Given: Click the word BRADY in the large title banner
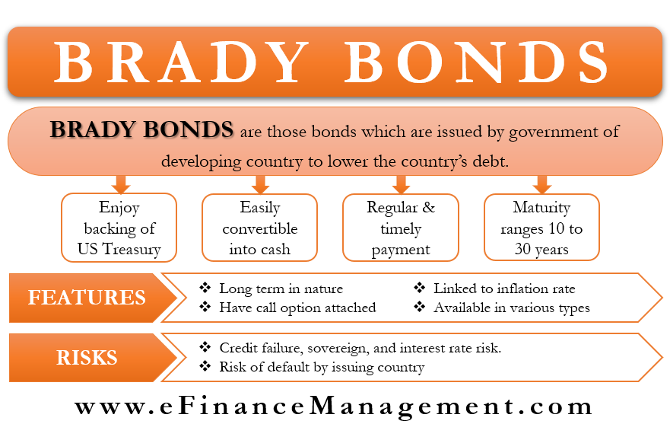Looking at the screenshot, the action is pyautogui.click(x=181, y=62).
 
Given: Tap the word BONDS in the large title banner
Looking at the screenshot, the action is pyautogui.click(x=476, y=62).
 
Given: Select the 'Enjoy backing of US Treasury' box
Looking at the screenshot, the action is pyautogui.click(x=119, y=228).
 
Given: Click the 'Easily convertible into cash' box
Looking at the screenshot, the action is pyautogui.click(x=260, y=228).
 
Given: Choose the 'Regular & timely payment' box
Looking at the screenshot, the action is pyautogui.click(x=401, y=228).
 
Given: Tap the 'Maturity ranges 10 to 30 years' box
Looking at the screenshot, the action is pyautogui.click(x=541, y=227).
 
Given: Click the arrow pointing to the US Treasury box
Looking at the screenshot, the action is pyautogui.click(x=121, y=184).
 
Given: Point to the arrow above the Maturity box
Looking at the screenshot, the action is pyautogui.click(x=542, y=184).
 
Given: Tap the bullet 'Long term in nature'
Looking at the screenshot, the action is pyautogui.click(x=281, y=289).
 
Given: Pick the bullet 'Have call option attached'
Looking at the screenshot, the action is pyautogui.click(x=297, y=308).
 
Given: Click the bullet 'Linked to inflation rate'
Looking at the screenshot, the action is pyautogui.click(x=504, y=289).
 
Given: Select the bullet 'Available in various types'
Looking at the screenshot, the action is pyautogui.click(x=512, y=308).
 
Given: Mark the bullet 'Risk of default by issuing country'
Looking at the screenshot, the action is pyautogui.click(x=322, y=368).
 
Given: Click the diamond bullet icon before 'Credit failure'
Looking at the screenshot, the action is pyautogui.click(x=205, y=347).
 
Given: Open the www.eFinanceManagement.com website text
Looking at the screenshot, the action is pyautogui.click(x=334, y=407).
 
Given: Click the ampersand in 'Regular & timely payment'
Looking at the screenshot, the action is pyautogui.click(x=429, y=207).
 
